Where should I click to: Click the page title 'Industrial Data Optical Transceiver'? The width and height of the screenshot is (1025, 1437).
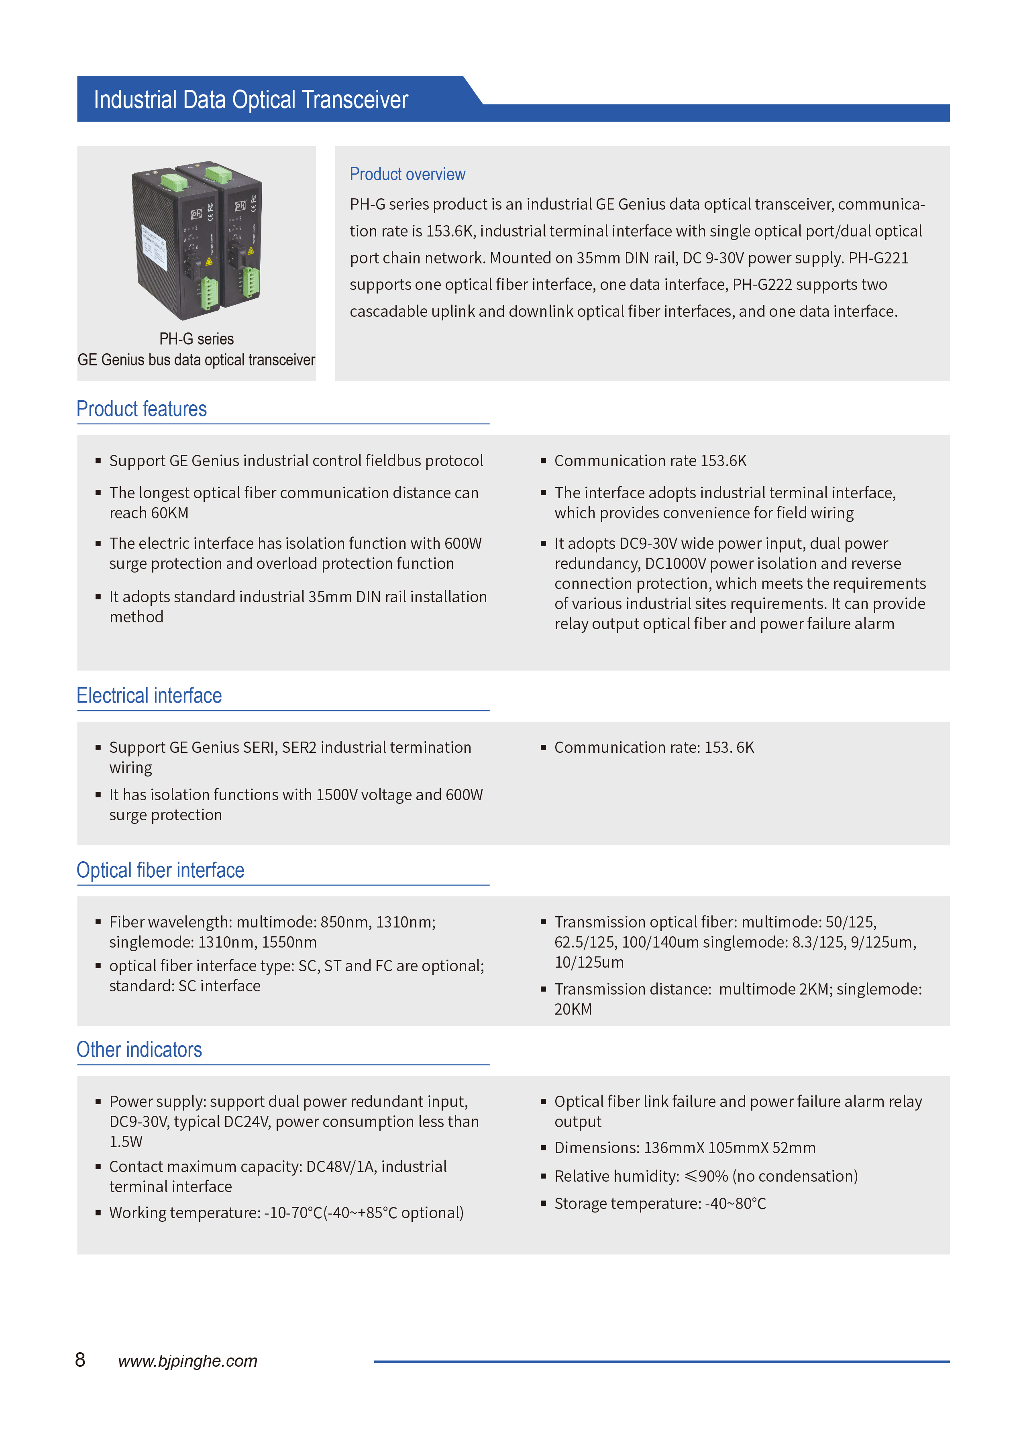click(251, 100)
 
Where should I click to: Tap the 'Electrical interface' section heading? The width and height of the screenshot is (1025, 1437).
click(149, 695)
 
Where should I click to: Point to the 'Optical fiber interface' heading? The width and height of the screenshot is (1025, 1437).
click(160, 870)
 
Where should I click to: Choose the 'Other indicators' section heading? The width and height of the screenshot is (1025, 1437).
click(139, 1050)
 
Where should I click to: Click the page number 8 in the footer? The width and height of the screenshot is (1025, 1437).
click(80, 1360)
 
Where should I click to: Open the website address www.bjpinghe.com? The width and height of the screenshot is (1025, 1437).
click(187, 1361)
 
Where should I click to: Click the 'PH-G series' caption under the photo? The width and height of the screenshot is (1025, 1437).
click(196, 339)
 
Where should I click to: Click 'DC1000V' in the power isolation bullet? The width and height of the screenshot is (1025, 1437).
click(675, 564)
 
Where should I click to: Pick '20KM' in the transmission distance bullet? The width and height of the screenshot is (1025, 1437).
click(573, 1009)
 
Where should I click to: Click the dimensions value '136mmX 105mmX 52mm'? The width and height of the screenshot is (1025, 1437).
click(729, 1148)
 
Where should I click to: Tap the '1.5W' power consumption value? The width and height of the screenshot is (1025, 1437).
click(126, 1141)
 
